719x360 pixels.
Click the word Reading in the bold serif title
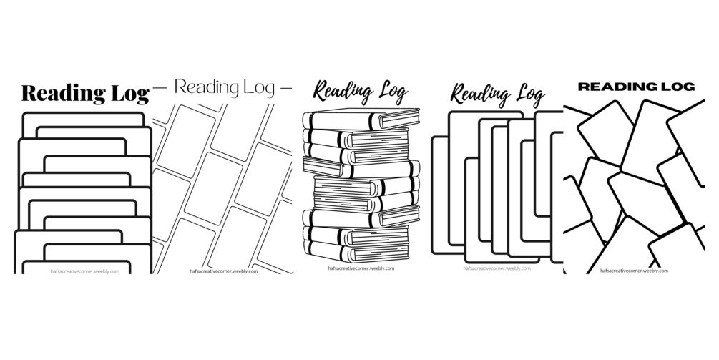(x=64, y=94)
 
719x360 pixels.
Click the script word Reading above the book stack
(x=342, y=92)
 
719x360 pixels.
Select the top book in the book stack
(x=361, y=120)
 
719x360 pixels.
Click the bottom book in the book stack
(x=356, y=250)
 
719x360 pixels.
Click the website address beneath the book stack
(x=361, y=268)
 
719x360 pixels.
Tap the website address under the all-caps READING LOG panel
(x=634, y=271)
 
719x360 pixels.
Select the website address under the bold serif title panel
(x=85, y=271)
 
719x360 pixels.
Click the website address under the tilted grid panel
(x=224, y=271)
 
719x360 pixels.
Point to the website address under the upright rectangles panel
(x=497, y=268)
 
